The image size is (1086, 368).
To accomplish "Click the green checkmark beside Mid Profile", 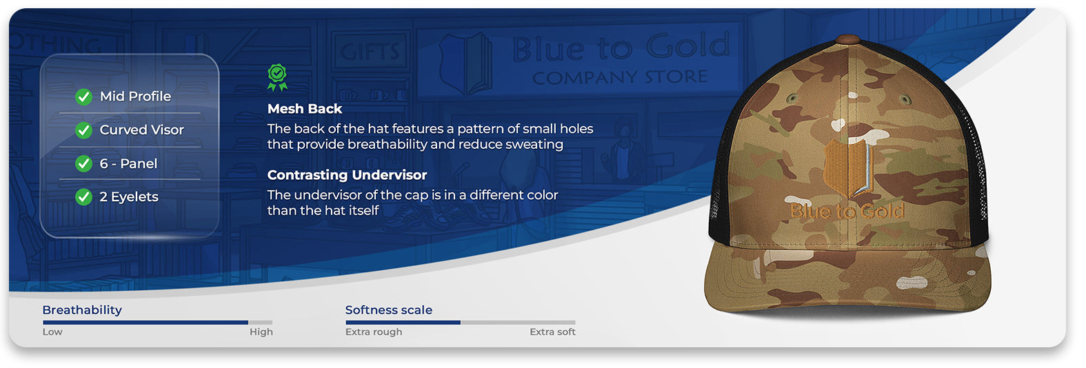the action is click(84, 97).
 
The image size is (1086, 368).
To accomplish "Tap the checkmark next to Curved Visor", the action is click(84, 130).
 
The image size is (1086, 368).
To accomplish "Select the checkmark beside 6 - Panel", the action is click(84, 164).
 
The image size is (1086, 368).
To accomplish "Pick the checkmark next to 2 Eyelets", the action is click(84, 197).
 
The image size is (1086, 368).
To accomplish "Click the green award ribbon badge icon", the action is click(277, 77).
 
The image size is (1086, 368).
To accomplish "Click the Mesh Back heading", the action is click(305, 109).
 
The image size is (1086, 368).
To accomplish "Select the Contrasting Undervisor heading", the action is click(347, 175).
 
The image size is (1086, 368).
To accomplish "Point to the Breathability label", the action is click(82, 310).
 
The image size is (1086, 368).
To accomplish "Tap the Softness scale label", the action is click(388, 310).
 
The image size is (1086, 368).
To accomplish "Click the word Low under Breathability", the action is click(52, 331).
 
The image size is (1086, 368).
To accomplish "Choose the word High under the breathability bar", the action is click(261, 332).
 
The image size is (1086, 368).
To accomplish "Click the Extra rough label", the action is click(374, 332).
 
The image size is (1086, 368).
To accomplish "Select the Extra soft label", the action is click(552, 332).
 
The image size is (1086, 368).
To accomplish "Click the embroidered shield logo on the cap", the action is click(848, 167).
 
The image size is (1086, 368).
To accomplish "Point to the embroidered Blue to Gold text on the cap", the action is click(847, 211).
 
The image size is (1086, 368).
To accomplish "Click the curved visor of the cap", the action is click(847, 280).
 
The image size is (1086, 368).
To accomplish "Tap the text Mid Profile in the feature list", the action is click(135, 96).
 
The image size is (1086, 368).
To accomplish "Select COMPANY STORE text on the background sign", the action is click(620, 77).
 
